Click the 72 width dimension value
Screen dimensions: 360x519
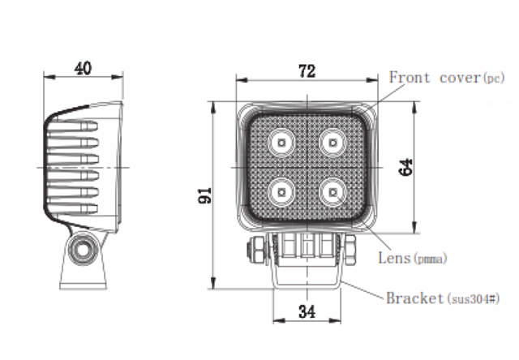(306, 71)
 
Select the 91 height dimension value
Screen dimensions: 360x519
(205, 195)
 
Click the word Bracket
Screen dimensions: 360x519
(414, 298)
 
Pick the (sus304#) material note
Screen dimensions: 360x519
(472, 299)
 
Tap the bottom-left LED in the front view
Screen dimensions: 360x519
(281, 192)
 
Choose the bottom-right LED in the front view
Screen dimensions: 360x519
(331, 192)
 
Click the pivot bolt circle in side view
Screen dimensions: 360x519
(82, 251)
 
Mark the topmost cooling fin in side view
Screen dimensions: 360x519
(74, 126)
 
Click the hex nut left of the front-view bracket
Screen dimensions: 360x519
(253, 250)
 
